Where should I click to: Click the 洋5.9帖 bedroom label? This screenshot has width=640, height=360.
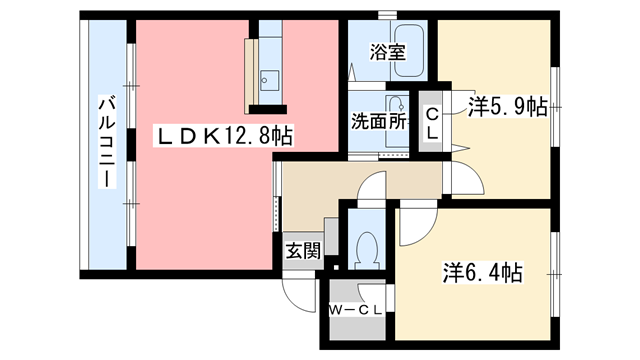508,105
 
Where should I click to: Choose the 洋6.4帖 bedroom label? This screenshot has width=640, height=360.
483,271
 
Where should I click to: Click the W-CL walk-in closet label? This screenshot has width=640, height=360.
356,309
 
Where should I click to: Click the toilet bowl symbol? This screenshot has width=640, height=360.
366,250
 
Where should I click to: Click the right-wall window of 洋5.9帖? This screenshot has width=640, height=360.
557,105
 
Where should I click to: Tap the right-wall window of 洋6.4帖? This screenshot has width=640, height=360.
556,270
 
